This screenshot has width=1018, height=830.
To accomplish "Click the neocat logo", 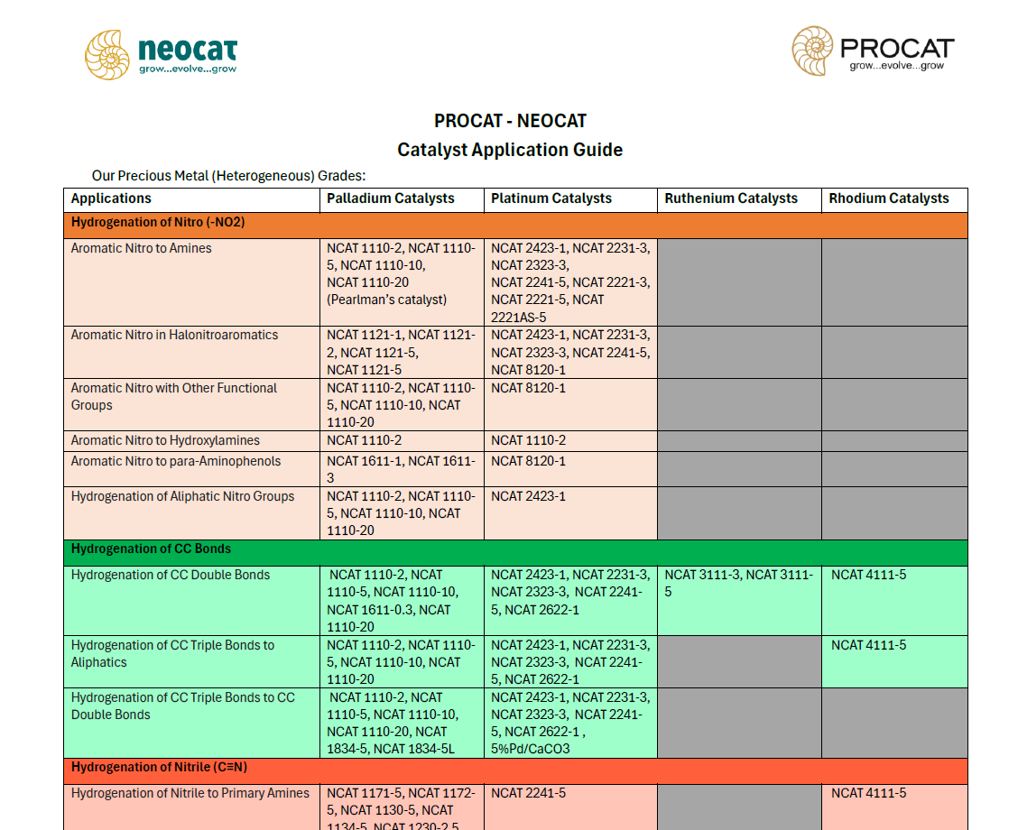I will (x=161, y=53).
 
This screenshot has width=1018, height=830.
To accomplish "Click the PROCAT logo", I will (x=873, y=51).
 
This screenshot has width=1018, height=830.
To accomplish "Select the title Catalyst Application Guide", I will (x=510, y=150).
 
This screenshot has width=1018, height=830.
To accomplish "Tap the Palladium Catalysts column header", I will (x=391, y=198).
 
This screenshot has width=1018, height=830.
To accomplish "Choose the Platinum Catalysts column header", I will (x=551, y=198).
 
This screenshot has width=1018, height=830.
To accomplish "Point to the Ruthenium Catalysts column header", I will (x=731, y=198).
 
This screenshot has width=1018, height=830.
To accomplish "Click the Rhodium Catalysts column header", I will (x=889, y=198).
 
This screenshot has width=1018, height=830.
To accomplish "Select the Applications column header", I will (x=112, y=198).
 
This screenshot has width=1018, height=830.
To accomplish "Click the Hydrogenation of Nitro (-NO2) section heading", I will (x=158, y=222).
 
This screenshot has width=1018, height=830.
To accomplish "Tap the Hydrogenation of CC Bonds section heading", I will (x=151, y=549).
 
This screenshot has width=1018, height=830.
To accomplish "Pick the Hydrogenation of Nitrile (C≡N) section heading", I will (x=159, y=767).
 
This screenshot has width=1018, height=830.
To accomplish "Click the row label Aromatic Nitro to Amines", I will (x=142, y=248).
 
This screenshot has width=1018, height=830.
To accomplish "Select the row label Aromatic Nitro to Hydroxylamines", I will (x=165, y=440).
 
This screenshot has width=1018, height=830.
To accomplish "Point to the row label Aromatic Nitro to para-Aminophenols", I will (x=176, y=461).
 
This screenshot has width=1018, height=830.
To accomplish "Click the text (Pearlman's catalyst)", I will (x=387, y=300).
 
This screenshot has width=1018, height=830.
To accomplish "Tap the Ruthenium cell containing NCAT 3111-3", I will (x=739, y=583).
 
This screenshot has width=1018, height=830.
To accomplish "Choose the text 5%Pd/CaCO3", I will (x=531, y=749).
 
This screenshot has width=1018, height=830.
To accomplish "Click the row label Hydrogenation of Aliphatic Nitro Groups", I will (x=183, y=496).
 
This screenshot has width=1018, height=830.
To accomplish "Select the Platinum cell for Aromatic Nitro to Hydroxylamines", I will (x=529, y=440).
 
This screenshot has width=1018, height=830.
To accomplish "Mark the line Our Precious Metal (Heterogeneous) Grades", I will (x=228, y=176).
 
